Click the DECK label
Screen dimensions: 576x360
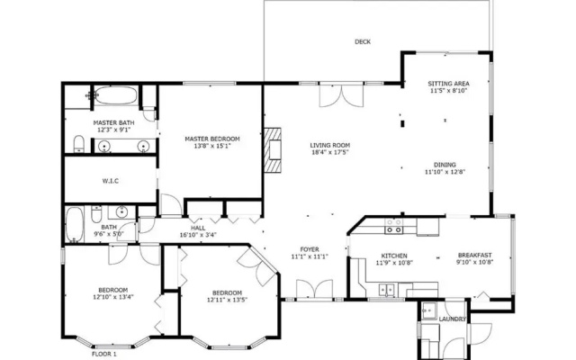[x=363, y=42]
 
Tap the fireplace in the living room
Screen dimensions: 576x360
[x=273, y=150]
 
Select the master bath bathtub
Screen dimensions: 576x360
[x=117, y=95]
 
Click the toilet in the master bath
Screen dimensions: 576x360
[x=79, y=144]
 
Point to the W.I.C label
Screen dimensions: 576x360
[x=110, y=181]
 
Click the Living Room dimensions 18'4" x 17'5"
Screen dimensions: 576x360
[x=330, y=152]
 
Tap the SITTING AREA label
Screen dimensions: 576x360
[x=448, y=84]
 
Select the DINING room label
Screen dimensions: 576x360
[x=445, y=165]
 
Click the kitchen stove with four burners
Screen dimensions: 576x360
[x=394, y=226]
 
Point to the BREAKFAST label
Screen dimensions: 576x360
[x=474, y=256]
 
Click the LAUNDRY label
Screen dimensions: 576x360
[x=452, y=319]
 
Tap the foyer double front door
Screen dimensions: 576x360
[x=315, y=290]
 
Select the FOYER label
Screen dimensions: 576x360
[x=310, y=249]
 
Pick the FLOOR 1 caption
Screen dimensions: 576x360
[x=104, y=354]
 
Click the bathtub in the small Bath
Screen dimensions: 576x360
[x=75, y=224]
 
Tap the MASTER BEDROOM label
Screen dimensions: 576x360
[x=212, y=139]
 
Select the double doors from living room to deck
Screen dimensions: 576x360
[x=341, y=95]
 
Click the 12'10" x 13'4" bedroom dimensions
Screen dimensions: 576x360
[x=113, y=297]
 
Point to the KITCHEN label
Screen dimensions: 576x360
[x=394, y=256]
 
